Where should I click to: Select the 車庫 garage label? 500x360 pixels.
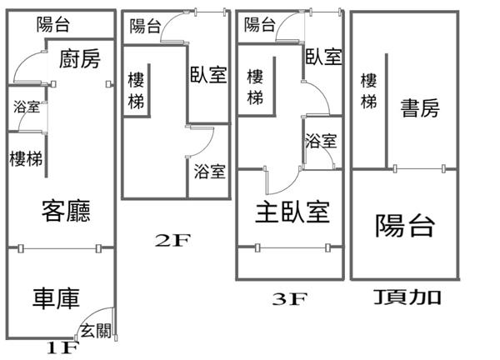click(57, 297)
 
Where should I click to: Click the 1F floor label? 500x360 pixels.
click(62, 347)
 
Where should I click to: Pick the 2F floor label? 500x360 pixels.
click(174, 242)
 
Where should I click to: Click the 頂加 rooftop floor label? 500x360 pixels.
click(407, 297)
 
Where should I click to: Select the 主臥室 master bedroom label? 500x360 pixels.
click(292, 212)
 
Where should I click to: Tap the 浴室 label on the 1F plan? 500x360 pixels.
click(26, 107)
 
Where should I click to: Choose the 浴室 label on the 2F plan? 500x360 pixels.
click(209, 172)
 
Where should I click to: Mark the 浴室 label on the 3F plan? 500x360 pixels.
click(321, 141)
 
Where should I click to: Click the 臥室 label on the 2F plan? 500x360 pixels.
click(208, 75)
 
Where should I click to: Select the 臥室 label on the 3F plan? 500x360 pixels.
click(323, 57)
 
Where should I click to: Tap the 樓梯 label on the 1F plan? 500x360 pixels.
click(26, 158)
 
